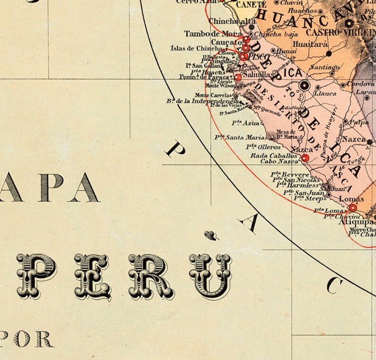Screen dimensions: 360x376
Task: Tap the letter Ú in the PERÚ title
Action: click(210, 275)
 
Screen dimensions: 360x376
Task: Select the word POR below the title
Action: click(31, 339)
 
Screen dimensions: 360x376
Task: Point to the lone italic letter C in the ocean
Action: click(335, 285)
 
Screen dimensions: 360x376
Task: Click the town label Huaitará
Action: click(310, 44)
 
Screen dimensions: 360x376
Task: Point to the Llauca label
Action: click(325, 93)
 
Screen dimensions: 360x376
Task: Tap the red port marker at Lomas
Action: click(353, 207)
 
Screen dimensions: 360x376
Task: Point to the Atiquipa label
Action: click(360, 221)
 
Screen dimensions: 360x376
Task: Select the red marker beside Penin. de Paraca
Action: click(238, 77)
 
